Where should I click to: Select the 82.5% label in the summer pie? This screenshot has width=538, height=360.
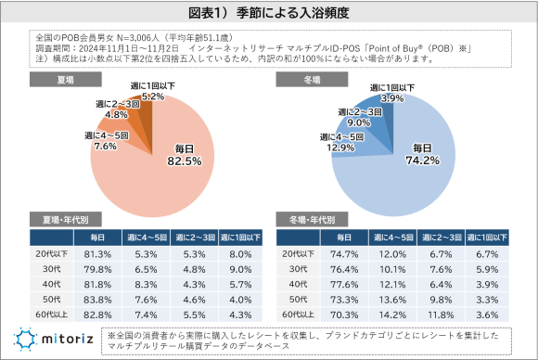tap(183, 155)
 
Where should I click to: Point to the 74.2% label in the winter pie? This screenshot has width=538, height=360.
tap(422, 155)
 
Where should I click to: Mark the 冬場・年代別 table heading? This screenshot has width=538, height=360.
tap(312, 221)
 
